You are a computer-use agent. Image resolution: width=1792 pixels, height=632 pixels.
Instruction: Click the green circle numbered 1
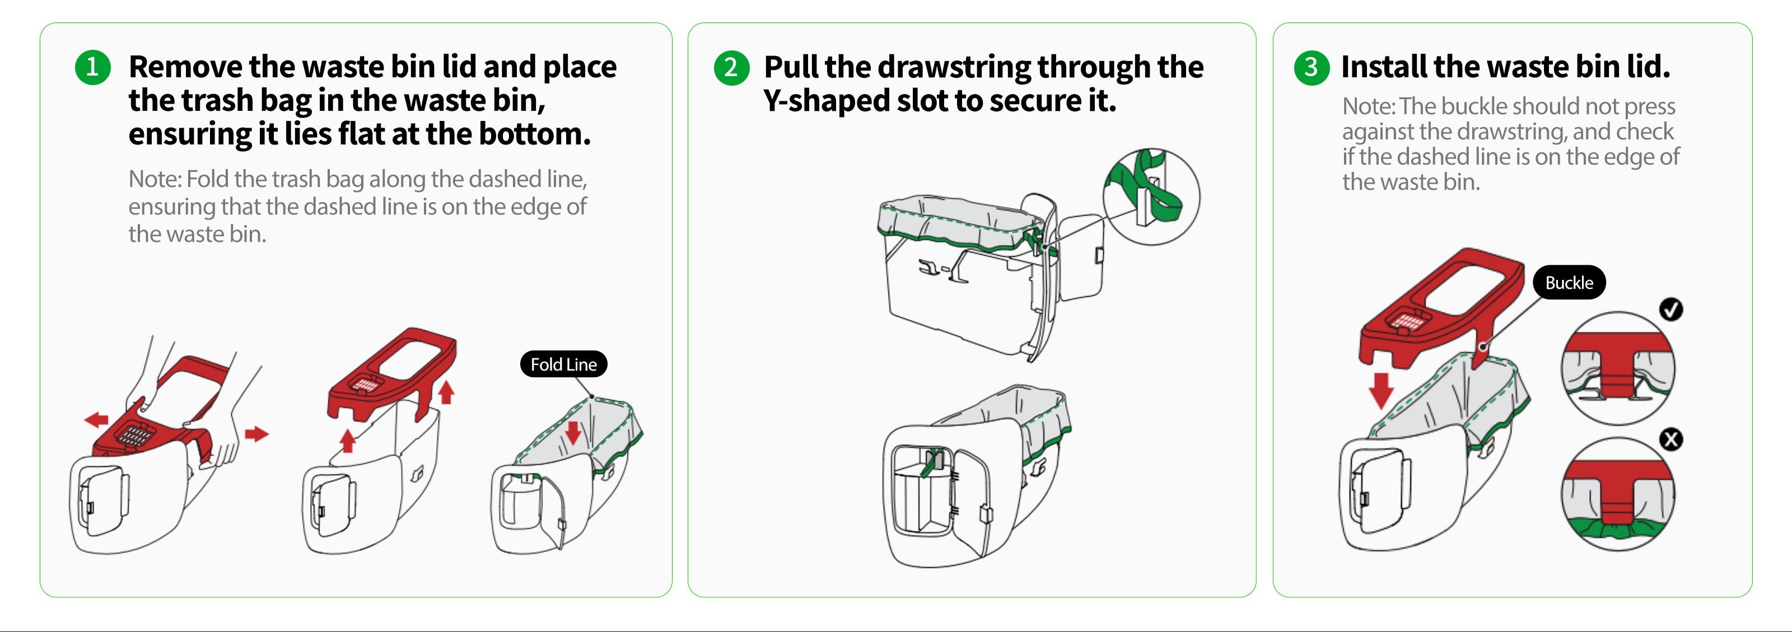click(x=92, y=67)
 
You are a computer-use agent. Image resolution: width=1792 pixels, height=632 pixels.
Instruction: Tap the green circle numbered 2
click(x=731, y=67)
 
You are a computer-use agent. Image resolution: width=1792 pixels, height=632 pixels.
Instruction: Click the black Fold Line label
click(x=563, y=364)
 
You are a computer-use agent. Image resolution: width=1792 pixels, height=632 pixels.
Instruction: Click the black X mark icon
click(x=1671, y=439)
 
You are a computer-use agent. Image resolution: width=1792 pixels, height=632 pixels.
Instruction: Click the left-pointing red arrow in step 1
click(x=96, y=419)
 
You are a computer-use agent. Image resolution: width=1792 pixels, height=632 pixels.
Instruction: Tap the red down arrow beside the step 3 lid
click(x=1380, y=390)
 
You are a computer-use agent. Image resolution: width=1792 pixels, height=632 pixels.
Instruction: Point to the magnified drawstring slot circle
click(x=1151, y=196)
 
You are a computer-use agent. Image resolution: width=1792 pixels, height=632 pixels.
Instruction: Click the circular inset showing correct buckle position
click(x=1617, y=368)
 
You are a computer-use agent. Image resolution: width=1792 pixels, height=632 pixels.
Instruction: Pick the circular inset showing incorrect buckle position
click(x=1617, y=494)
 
